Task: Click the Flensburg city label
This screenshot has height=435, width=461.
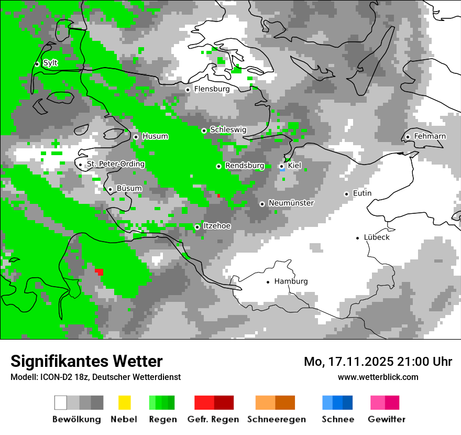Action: tap(212, 89)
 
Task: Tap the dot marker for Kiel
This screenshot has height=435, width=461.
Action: tap(281, 166)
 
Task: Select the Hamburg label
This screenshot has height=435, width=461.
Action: tap(291, 281)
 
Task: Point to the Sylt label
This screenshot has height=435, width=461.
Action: tap(50, 63)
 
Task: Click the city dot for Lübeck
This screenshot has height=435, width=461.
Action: tap(358, 238)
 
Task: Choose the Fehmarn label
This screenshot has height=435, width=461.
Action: tap(430, 136)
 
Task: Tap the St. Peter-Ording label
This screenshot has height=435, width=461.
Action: tap(115, 164)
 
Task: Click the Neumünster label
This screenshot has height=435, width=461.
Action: tap(291, 203)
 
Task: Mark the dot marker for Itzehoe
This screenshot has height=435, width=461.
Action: tap(197, 227)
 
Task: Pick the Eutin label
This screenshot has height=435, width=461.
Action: tap(362, 193)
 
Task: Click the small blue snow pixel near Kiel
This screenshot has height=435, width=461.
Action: tap(282, 170)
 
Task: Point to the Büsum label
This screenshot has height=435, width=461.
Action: tap(129, 188)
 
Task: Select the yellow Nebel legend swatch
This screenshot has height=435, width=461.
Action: tap(124, 403)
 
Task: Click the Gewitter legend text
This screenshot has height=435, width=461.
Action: tap(386, 419)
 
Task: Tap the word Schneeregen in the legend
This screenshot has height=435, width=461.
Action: tap(277, 419)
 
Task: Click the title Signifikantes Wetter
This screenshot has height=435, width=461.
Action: tap(86, 361)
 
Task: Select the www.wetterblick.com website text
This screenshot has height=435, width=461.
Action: tap(378, 377)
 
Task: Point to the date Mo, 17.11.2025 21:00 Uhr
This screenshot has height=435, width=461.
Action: tap(378, 362)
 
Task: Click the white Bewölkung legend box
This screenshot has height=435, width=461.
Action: tap(60, 403)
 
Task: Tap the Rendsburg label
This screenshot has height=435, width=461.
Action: tap(244, 166)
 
